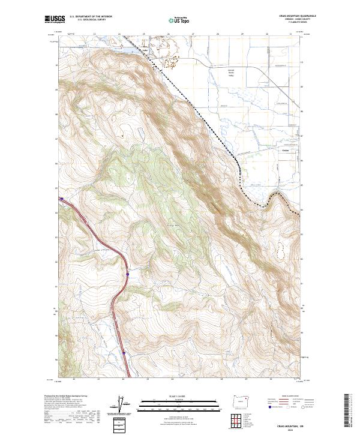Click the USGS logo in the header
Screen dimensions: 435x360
(55, 19)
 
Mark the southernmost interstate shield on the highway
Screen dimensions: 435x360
(124, 354)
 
